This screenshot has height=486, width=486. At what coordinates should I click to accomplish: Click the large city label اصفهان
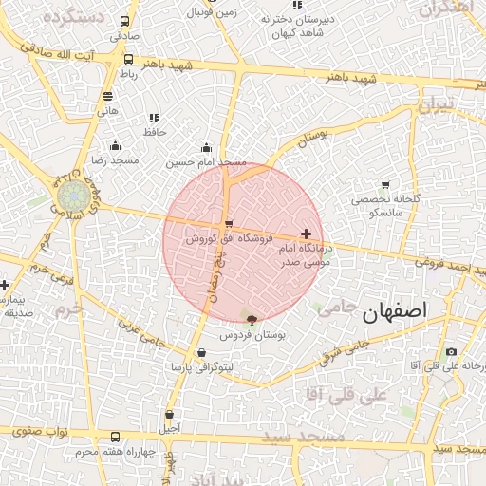click(394, 311)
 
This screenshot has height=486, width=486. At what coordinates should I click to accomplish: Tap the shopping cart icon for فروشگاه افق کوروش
click(228, 224)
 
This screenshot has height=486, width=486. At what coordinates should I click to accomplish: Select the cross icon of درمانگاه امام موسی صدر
click(306, 234)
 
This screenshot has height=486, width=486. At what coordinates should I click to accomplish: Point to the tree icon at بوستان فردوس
click(252, 320)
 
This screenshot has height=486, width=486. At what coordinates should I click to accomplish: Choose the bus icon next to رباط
click(128, 59)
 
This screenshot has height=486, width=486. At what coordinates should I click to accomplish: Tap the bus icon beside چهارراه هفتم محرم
click(116, 437)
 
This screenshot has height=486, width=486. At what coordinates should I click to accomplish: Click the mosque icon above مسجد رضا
click(116, 146)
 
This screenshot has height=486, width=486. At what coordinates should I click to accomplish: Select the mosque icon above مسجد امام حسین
click(207, 147)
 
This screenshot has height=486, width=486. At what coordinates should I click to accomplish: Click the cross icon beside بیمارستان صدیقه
click(5, 285)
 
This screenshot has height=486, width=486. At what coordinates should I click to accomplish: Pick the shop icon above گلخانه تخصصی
click(384, 185)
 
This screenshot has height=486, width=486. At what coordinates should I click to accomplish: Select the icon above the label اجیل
click(169, 414)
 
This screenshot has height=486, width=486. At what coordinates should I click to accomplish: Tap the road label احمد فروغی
click(451, 263)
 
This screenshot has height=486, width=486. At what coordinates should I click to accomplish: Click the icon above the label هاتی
click(107, 96)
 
